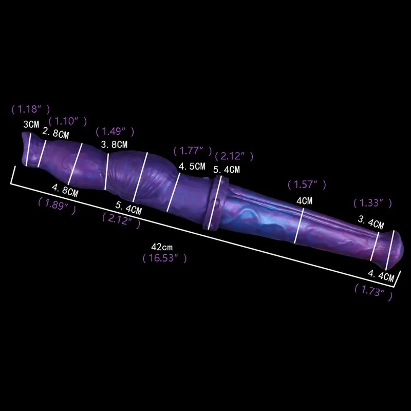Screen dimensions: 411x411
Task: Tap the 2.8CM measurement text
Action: [x=56, y=134]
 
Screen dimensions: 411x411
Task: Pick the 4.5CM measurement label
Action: [x=192, y=166]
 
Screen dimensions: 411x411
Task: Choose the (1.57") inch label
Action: [x=306, y=184]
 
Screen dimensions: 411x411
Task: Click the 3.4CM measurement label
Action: [x=371, y=223]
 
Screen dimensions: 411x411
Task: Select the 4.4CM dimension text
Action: [x=381, y=276]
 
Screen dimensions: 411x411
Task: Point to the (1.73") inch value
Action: [x=373, y=293]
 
